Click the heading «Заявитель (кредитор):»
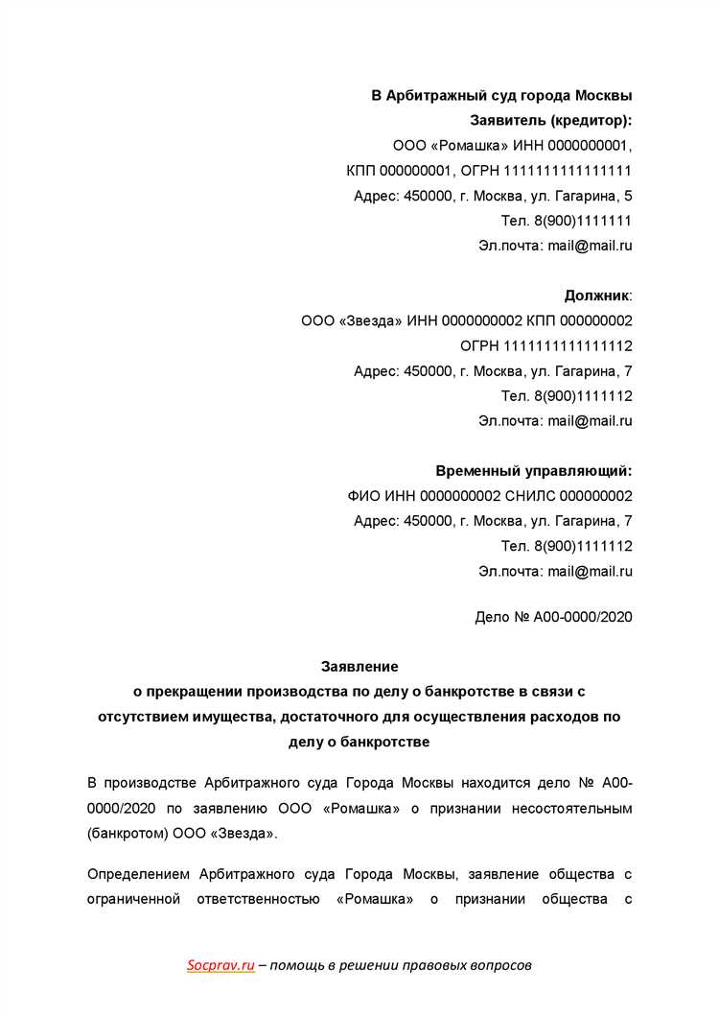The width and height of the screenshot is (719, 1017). (551, 121)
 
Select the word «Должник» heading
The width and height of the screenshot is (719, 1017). (597, 296)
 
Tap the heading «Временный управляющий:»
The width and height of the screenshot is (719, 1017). (534, 471)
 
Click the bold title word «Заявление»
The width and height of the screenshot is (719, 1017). (359, 666)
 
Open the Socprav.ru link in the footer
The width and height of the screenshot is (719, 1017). (220, 966)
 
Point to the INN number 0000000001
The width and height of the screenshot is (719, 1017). (589, 146)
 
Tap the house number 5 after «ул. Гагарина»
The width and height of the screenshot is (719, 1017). (628, 196)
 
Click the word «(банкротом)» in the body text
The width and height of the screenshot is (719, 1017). (128, 834)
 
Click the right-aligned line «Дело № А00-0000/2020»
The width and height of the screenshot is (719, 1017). (553, 617)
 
